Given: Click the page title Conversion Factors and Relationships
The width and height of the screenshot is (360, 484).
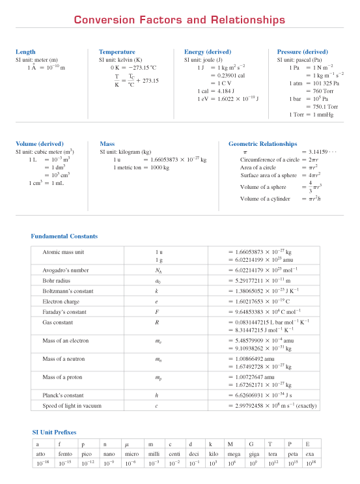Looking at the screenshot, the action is (x=179, y=20).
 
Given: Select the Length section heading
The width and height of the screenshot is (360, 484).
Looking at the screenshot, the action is (x=25, y=51).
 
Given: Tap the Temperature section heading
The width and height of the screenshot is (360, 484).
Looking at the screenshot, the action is (x=117, y=51).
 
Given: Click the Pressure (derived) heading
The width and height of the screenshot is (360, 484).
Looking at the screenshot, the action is (x=302, y=51).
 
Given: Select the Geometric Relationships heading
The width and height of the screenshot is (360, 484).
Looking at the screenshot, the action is (x=262, y=144).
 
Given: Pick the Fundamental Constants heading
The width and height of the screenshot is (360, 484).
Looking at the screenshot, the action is (x=64, y=236).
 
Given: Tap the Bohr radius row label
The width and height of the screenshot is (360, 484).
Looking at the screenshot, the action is (x=57, y=279).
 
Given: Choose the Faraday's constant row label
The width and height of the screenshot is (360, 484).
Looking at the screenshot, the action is (x=64, y=312).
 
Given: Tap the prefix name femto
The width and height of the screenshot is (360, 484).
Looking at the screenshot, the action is (x=65, y=453).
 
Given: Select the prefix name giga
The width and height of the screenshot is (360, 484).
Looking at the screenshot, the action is (x=253, y=453).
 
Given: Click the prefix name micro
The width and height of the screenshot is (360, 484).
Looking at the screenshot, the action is (x=132, y=453).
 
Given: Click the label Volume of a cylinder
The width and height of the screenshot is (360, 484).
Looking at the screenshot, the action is (x=265, y=199).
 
